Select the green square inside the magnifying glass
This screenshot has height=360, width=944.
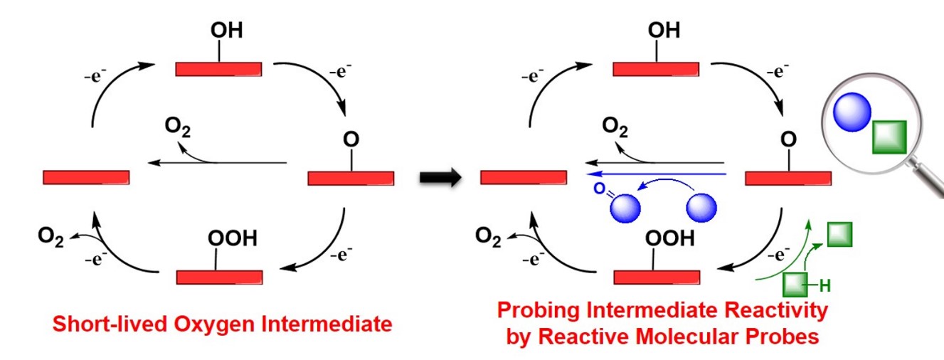889,137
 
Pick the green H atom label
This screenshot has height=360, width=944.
825,287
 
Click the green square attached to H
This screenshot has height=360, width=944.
796,284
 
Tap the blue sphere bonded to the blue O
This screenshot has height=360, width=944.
627,208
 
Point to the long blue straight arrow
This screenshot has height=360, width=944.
654,173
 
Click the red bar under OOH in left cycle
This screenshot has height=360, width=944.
220,276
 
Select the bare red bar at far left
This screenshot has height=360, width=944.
86,177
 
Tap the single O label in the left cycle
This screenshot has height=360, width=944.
350,139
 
